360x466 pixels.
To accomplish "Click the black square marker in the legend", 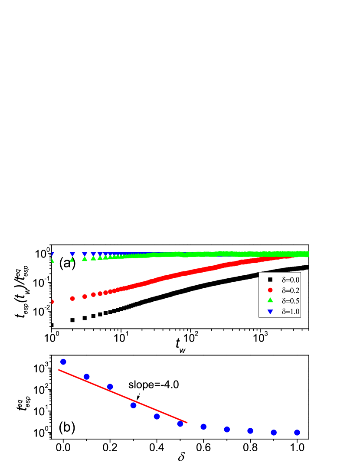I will tap(270, 280).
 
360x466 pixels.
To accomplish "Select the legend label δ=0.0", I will tap(291, 280).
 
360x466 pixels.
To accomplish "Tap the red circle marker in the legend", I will tap(270, 290).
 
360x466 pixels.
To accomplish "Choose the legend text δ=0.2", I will tap(291, 290).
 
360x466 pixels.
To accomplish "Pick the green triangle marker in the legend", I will tap(270, 300).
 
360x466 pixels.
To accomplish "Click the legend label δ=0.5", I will tap(291, 301).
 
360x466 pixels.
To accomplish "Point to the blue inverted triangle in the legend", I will tap(270, 312).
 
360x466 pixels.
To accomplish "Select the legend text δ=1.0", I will tap(291, 312).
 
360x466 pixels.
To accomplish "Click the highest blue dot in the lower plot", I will tap(63, 362).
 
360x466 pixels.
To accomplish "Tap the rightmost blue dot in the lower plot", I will tap(297, 432).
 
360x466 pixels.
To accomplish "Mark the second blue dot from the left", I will tap(87, 376).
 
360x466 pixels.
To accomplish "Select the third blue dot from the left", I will tap(110, 387).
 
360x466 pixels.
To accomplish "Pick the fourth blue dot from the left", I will tap(134, 405).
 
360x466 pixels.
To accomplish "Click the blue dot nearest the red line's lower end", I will tap(180, 424).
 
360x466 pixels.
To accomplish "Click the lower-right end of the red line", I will tap(187, 422).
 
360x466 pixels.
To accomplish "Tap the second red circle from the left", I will tap(72, 299).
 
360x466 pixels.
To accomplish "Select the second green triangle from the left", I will tap(72, 260).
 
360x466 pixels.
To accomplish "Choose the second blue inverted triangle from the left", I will tap(72, 254).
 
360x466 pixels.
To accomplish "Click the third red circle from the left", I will tap(85, 297).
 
